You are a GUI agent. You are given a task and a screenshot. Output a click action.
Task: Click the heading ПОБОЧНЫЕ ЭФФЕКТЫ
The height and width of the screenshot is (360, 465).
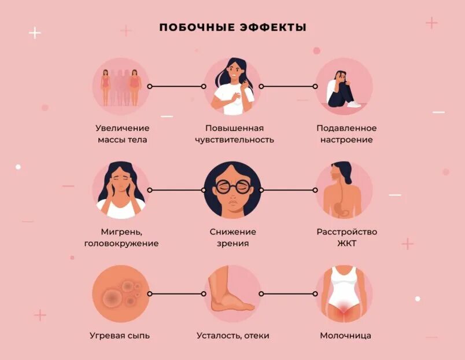point(232,28)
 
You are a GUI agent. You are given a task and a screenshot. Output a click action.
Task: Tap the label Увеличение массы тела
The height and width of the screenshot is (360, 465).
point(122,134)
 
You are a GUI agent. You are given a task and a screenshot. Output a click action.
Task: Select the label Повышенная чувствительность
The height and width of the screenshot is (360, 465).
point(234,134)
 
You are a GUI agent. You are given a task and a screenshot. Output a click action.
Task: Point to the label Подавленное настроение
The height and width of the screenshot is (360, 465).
point(346,134)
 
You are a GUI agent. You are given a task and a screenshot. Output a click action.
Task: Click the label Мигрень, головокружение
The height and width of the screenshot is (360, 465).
point(121,237)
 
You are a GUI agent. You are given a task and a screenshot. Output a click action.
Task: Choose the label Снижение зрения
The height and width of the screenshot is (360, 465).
point(233,237)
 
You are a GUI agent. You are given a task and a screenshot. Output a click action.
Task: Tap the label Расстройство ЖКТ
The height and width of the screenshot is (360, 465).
point(346,237)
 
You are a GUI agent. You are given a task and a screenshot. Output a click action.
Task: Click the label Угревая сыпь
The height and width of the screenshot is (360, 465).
point(120,336)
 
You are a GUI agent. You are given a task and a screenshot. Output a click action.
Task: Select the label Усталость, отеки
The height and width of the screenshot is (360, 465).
point(232,336)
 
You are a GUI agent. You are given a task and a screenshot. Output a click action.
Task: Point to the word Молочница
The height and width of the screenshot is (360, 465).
point(345,336)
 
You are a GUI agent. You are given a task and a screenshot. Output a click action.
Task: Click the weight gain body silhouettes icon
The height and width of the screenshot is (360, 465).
point(121,86)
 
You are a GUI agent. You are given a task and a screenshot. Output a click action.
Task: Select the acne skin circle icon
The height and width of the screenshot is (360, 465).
point(120,293)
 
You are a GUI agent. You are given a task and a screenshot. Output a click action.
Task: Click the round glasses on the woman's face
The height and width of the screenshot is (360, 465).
point(232,186)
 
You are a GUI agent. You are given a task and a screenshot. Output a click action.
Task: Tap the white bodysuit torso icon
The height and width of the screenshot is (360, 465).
point(344,292)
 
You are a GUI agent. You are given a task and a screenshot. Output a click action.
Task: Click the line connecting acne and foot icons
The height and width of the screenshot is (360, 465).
point(176,294)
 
